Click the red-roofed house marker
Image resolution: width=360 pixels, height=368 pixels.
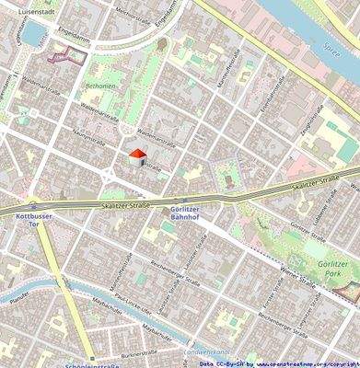coord(136,157)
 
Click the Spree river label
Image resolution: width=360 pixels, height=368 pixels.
coord(333,44)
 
